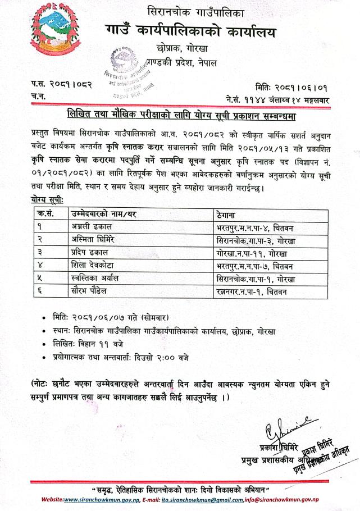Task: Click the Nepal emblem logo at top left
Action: pos(53,30)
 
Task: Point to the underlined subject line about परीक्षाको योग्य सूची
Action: pos(180,116)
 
